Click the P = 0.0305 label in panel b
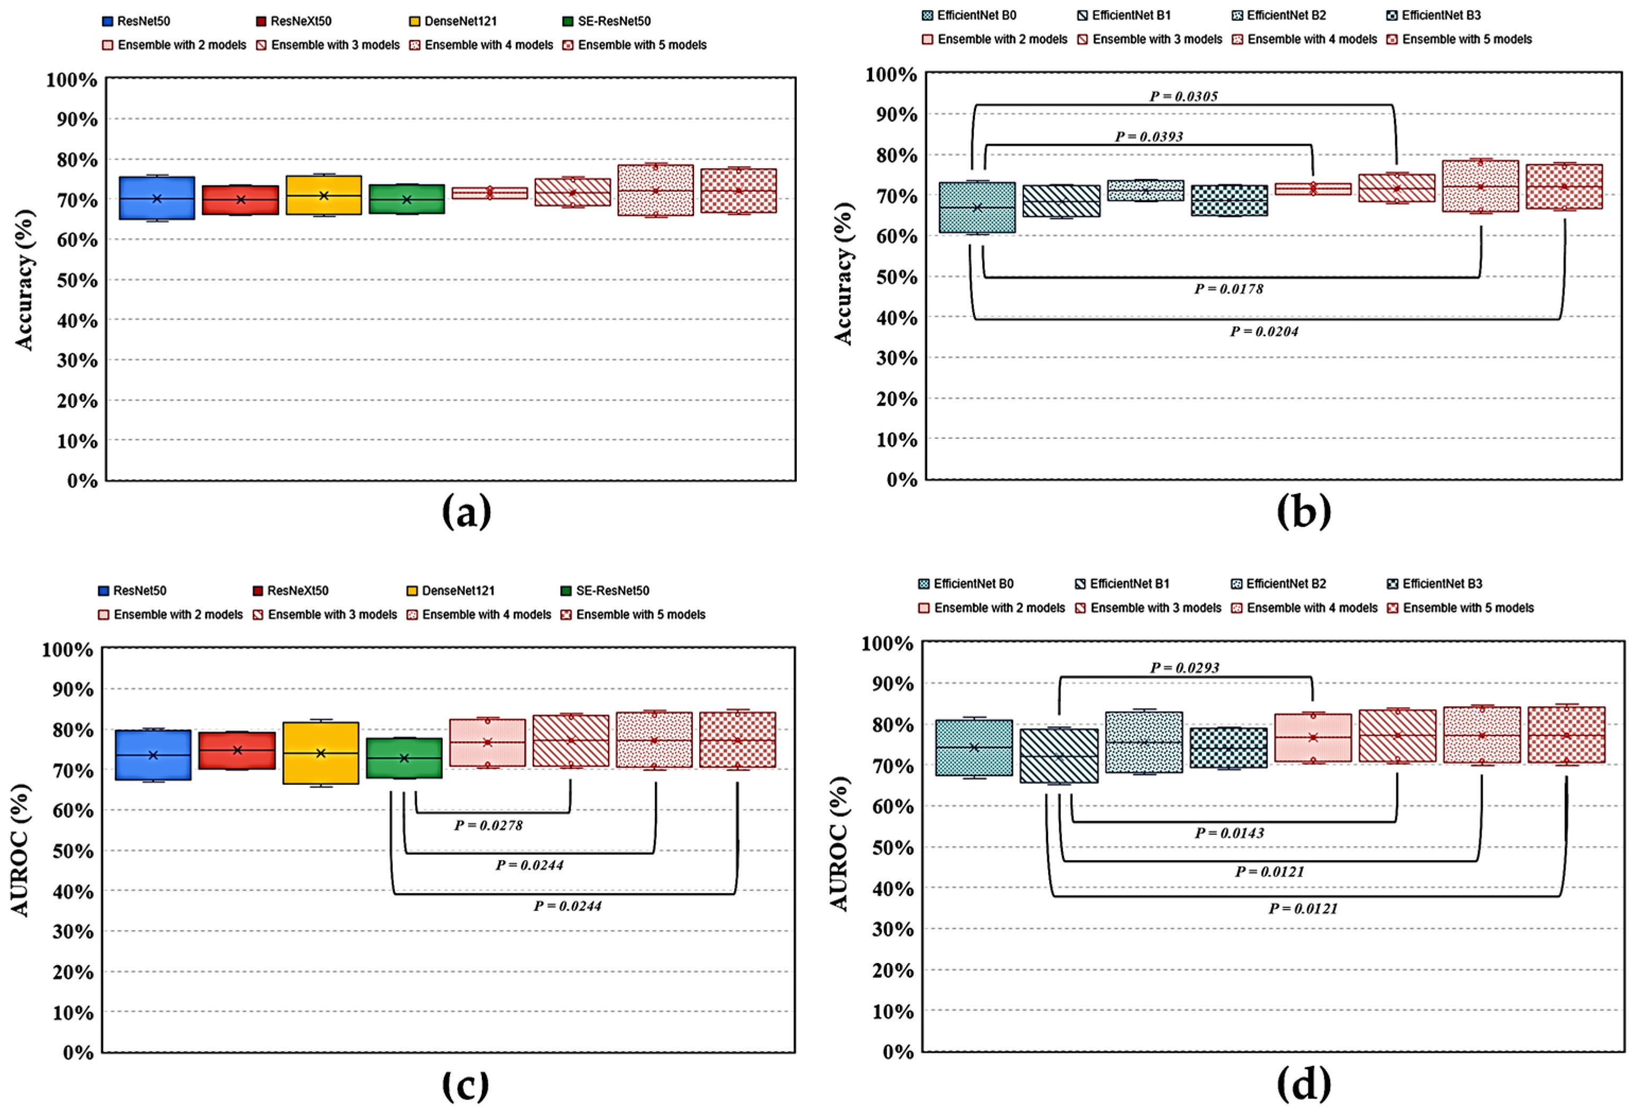[1183, 96]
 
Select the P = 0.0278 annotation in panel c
[488, 825]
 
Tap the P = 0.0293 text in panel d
[1185, 668]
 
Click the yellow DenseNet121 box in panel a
[323, 196]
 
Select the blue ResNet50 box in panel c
[153, 755]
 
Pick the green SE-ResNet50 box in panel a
[407, 199]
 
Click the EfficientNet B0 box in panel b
[977, 208]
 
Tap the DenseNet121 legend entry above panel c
[450, 591]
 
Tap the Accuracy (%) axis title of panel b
[843, 275]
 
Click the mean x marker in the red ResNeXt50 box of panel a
[241, 200]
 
